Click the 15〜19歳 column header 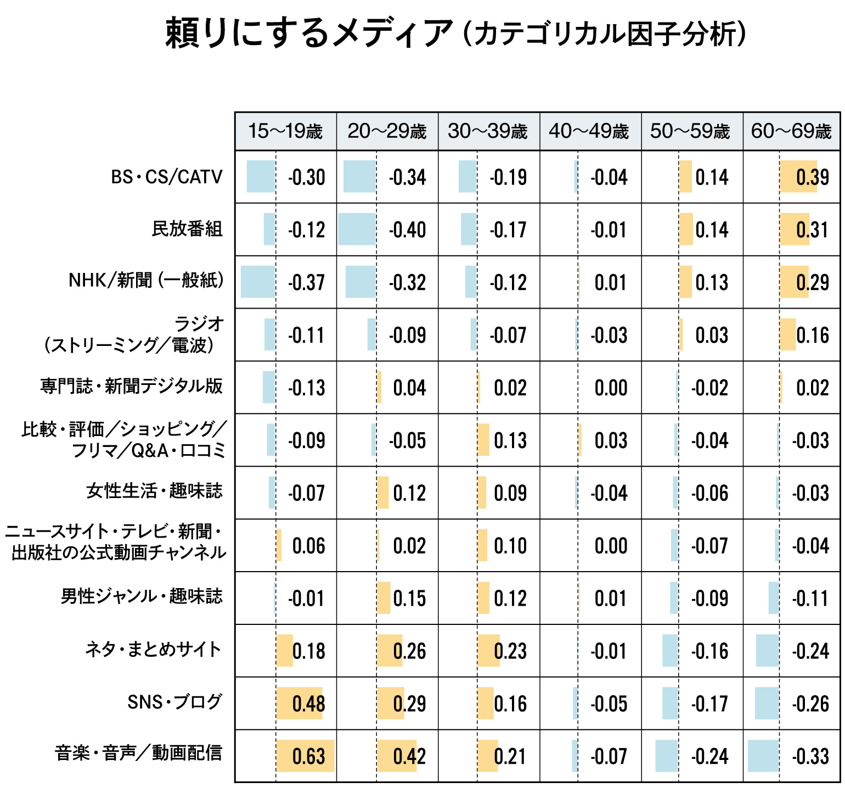coord(285,131)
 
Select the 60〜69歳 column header coord(791,131)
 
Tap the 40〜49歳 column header coord(589,131)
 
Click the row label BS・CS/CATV coord(167,177)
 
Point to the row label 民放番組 coord(187,228)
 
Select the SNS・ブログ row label coord(174,702)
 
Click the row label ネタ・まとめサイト coord(153,650)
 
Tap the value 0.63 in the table coord(308,756)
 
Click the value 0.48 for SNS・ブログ coord(308,703)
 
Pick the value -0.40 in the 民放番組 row coord(407,230)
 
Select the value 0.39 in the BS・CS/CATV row coord(812,177)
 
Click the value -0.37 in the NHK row coord(306,282)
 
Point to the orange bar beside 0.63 coord(305,756)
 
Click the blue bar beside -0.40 coord(357,229)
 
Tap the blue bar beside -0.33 coord(763,756)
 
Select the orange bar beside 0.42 coord(396,756)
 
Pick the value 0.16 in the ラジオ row coord(812,335)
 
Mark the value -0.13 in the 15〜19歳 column coord(306,388)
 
